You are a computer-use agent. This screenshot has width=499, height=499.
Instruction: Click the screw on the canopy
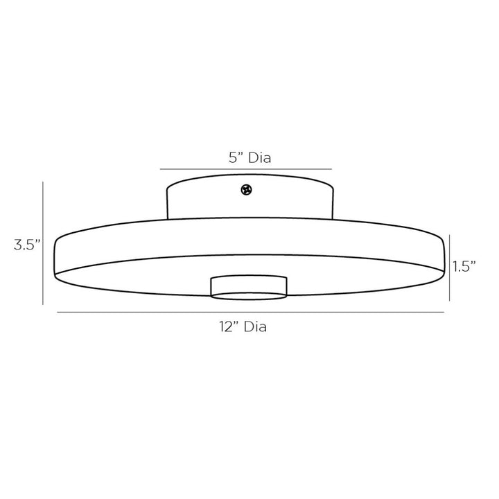coord(246,190)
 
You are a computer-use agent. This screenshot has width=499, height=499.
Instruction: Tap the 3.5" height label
coord(27,245)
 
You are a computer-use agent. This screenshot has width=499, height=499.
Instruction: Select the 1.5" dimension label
coord(464,266)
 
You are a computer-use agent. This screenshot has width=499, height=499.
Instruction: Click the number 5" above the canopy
coord(237,157)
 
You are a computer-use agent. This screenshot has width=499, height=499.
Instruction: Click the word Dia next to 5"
coord(260,158)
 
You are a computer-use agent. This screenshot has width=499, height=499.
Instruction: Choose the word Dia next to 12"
coord(255,327)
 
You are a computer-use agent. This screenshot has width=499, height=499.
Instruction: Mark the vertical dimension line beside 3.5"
coord(43,243)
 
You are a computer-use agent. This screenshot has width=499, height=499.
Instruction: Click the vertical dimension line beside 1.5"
coord(449,268)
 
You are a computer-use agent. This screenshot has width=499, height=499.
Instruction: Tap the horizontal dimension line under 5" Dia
coord(245,169)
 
